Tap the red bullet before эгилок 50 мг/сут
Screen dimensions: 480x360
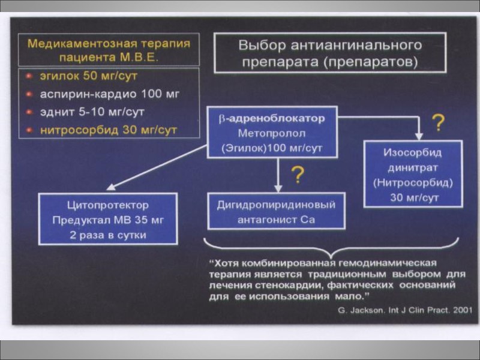click(x=28, y=77)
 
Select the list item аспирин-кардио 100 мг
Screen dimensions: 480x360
click(x=109, y=94)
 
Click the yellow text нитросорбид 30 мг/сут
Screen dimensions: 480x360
click(x=108, y=130)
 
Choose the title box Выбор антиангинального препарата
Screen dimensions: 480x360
click(x=329, y=53)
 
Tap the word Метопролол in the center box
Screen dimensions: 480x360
click(x=272, y=133)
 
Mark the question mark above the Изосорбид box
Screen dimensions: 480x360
click(x=439, y=123)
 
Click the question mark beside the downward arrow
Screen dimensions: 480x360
click(x=297, y=175)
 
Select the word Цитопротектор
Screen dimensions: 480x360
click(x=108, y=205)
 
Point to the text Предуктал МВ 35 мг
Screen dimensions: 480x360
click(x=108, y=220)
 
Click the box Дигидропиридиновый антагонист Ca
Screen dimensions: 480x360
click(x=276, y=211)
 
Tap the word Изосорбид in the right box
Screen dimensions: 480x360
click(x=413, y=152)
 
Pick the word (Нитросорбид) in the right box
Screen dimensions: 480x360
click(x=413, y=181)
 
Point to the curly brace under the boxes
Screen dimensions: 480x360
click(x=331, y=245)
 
